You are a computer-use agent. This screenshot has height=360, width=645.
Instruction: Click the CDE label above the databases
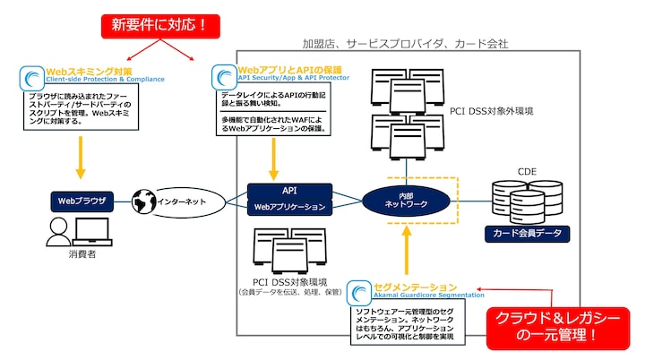coord(527,170)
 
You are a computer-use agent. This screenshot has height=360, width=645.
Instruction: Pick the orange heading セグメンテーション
coord(420,286)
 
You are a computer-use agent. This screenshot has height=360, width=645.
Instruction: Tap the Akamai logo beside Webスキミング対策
coord(31,76)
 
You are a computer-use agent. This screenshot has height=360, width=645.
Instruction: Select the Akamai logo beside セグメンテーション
coord(359,291)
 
